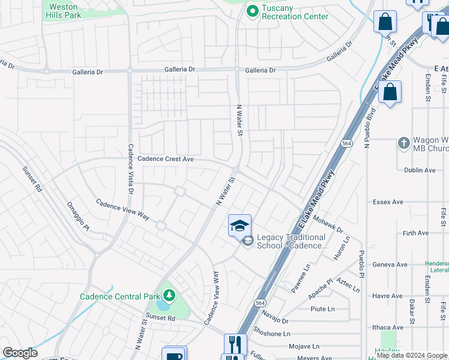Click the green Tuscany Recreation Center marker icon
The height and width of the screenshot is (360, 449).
[x=252, y=10]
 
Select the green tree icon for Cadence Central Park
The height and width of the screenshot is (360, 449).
[x=170, y=295]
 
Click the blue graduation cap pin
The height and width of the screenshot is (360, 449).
[x=240, y=226]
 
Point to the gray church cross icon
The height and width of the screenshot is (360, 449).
[x=404, y=143]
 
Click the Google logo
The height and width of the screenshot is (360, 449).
[x=20, y=353]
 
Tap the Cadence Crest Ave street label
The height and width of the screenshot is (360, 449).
[x=166, y=159]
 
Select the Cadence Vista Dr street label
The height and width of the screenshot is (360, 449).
[x=131, y=169]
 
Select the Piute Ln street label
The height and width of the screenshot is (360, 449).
[x=322, y=309]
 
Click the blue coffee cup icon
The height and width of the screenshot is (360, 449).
[x=174, y=356]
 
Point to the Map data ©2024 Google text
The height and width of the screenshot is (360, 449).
[x=411, y=355]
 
